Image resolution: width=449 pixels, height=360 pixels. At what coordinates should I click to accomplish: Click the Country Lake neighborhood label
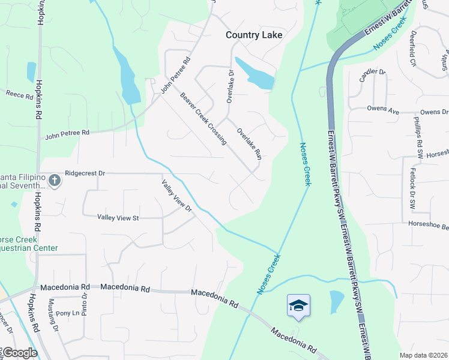click(x=253, y=35)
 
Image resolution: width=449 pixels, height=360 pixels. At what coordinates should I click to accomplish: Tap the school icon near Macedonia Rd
click(x=298, y=305)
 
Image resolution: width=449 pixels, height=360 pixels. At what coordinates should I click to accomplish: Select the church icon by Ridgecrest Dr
click(x=54, y=180)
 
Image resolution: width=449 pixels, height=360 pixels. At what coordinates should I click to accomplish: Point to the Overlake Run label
click(x=249, y=143)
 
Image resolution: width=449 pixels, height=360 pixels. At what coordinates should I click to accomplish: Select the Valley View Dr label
click(x=176, y=196)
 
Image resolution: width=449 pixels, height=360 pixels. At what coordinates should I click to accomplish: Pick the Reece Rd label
click(x=20, y=94)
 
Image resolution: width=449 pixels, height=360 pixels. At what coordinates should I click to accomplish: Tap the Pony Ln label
click(x=67, y=313)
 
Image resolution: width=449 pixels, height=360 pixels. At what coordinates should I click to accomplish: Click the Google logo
click(x=19, y=353)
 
